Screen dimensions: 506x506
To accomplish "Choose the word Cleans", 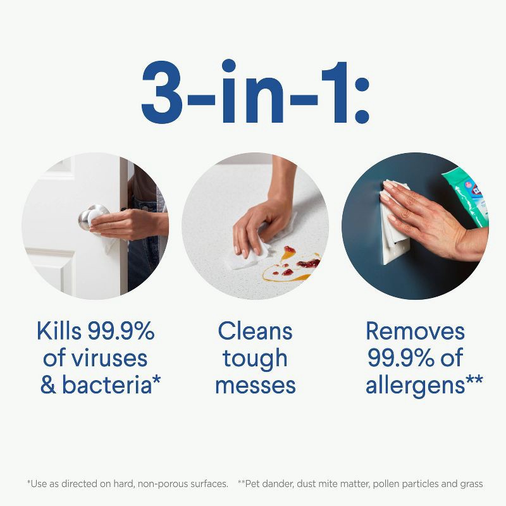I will click(x=255, y=331).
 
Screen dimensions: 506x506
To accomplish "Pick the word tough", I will click(x=255, y=359).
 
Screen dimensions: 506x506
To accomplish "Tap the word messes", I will click(x=255, y=385).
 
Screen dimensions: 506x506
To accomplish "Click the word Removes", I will click(x=415, y=331).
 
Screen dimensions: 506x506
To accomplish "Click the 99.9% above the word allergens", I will click(x=398, y=358).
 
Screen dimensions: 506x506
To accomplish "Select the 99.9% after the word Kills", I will click(x=121, y=331).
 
